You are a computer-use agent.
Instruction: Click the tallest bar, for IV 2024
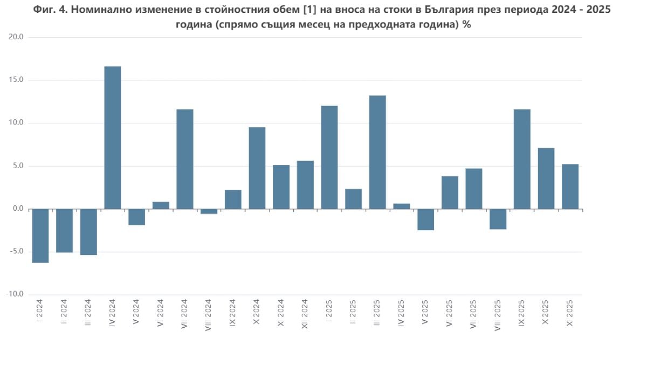[x=112, y=137]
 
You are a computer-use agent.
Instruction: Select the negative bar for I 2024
[x=40, y=236]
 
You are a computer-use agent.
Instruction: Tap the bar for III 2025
[x=377, y=152]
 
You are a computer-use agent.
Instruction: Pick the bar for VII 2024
[x=185, y=159]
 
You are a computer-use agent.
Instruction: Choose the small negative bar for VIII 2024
[x=209, y=211]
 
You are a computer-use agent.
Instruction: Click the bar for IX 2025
[x=522, y=159]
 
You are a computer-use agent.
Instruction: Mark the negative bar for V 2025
[x=425, y=219]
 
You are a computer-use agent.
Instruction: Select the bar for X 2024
[x=257, y=168]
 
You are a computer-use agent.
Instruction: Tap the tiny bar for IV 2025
[x=402, y=206]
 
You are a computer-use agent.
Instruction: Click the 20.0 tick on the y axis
[x=16, y=37]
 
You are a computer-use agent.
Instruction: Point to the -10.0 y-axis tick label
[x=15, y=294]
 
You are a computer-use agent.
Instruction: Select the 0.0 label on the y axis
[x=17, y=209]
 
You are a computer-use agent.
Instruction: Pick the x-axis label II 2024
[x=64, y=312]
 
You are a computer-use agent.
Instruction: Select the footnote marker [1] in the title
[x=308, y=10]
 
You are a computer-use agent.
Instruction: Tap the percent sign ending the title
[x=466, y=25]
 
